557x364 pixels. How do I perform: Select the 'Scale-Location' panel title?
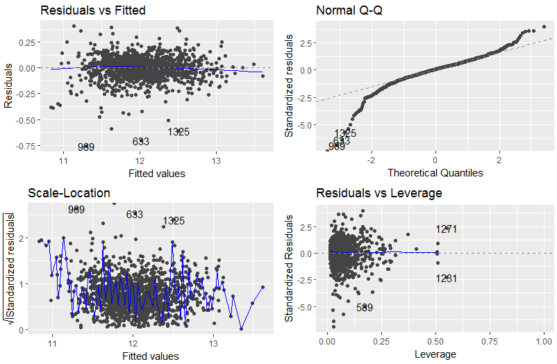[x=69, y=192]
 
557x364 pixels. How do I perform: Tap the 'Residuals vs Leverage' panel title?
[x=379, y=193]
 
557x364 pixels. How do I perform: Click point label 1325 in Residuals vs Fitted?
[x=178, y=131]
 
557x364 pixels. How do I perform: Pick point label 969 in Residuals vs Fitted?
[x=86, y=147]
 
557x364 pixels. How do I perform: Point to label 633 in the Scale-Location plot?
[x=135, y=214]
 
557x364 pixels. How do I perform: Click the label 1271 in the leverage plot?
[x=447, y=229]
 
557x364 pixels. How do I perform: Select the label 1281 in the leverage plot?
[x=447, y=279]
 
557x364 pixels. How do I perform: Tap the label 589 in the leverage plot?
[x=365, y=307]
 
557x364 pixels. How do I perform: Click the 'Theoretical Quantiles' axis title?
[x=435, y=172]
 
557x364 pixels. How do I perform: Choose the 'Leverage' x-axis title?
[x=435, y=354]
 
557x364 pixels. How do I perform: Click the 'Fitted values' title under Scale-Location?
[x=150, y=356]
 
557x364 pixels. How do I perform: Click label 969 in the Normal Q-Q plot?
[x=336, y=147]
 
